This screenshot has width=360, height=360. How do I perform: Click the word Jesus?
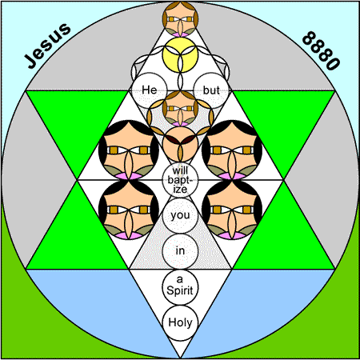[x=47, y=46]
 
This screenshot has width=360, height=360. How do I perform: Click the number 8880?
[x=322, y=50]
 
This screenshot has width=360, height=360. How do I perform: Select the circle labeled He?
[x=150, y=90]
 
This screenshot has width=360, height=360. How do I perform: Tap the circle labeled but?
[x=211, y=90]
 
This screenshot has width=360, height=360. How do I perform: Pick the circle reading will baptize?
[x=180, y=180]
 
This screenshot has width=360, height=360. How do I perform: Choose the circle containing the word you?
[x=180, y=215]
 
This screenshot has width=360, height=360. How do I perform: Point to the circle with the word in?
[x=180, y=251]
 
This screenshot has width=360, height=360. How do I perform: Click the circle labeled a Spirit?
[x=180, y=287]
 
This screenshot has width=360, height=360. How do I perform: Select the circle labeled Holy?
[x=180, y=322]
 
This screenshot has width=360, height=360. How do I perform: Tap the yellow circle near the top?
[x=180, y=54]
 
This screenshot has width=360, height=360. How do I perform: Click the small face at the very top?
[x=180, y=19]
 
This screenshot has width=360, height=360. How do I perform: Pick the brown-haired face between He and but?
[x=180, y=108]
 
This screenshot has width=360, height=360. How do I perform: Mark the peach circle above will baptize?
[x=180, y=144]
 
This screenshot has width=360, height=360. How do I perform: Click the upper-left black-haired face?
[x=129, y=150]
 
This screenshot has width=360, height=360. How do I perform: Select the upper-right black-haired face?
[x=232, y=150]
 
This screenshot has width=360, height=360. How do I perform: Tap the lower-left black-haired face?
[x=129, y=210]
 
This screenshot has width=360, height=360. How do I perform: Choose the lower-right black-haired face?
[x=232, y=210]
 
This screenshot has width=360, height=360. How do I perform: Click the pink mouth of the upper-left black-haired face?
[x=129, y=176]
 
